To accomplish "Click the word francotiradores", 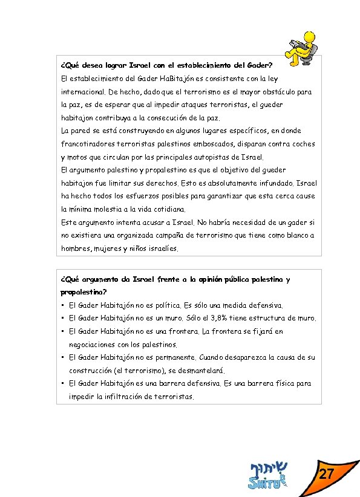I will tap(89, 144).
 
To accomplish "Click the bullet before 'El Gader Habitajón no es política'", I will tap(63, 305).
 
